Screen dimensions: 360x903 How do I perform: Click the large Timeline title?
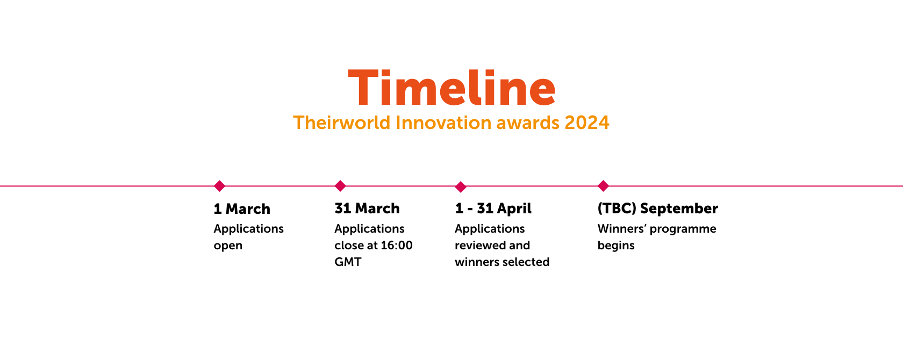pos(451,88)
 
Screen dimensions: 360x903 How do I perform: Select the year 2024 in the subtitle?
pos(587,123)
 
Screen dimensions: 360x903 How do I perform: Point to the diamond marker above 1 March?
pos(219,186)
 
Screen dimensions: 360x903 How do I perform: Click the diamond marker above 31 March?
pos(340,186)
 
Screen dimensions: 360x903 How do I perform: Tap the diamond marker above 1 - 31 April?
pos(461,186)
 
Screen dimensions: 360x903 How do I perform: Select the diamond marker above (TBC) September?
pos(603,186)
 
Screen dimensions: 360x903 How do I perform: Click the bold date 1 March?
pos(242,209)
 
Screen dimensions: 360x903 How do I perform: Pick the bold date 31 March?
pos(367,208)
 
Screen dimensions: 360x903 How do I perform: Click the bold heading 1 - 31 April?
pos(493,208)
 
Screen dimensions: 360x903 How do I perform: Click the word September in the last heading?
pos(679,208)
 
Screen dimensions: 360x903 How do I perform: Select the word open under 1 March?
pos(228,246)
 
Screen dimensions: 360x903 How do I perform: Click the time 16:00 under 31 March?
pos(398,246)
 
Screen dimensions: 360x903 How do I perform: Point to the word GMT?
pos(348,262)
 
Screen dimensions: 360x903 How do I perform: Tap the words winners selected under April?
pos(502,262)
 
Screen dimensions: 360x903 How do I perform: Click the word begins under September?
pos(616,246)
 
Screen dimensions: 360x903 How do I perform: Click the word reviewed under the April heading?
pos(480,246)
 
